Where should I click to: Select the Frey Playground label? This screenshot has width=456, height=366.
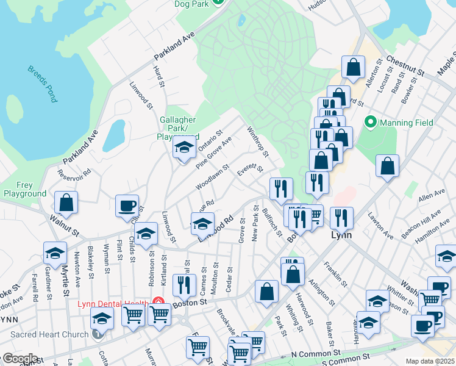click(24, 189)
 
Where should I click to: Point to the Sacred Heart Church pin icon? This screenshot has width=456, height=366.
click(98, 334)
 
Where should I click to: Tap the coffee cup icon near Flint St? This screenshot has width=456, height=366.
click(127, 206)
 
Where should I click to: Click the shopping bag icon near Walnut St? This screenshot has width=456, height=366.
click(66, 203)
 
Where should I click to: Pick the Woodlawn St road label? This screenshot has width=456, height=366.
click(212, 176)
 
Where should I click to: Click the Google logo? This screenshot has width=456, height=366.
click(20, 359)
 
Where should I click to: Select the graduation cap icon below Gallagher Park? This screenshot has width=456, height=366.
click(183, 148)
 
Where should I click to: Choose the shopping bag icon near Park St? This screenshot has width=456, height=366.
click(267, 292)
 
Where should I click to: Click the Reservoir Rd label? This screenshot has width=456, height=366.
click(74, 173)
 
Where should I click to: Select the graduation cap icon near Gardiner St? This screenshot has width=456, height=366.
click(55, 253)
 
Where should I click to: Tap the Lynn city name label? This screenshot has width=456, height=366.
click(338, 234)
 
